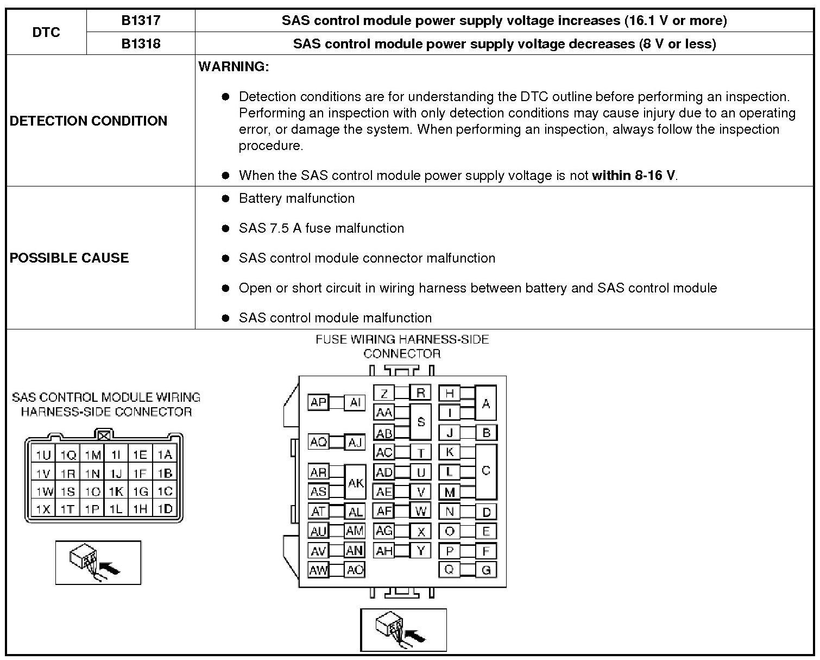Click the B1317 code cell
141,21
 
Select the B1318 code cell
141,43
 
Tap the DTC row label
46,32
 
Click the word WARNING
234,67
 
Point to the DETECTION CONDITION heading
89,121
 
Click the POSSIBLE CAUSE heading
70,258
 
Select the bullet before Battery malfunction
226,198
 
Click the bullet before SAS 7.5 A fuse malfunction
226,228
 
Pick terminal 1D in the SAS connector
165,509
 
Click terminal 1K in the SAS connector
116,491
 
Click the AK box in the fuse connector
356,483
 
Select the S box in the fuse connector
420,422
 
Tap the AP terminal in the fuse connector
318,402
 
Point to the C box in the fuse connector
485,471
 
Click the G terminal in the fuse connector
486,570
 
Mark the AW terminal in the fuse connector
318,570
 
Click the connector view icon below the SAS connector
98,563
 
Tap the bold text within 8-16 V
634,176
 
